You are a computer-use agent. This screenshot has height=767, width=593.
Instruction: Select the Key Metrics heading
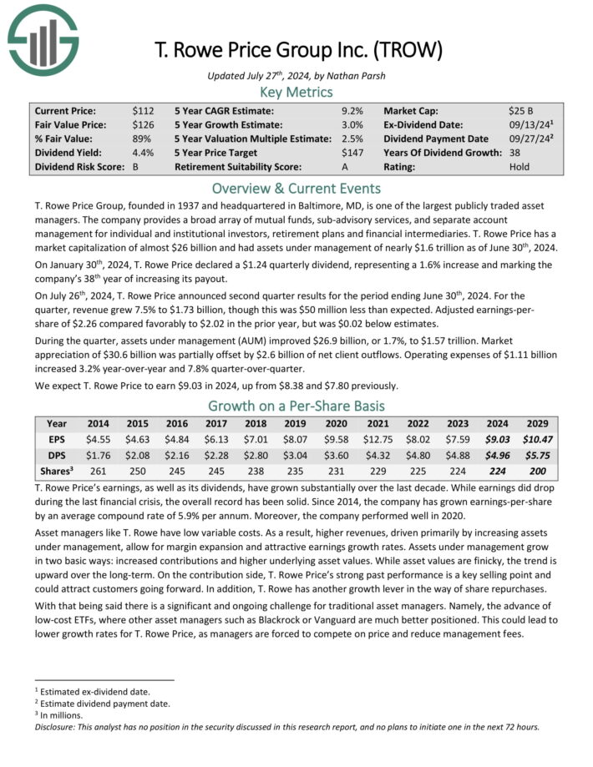[296, 92]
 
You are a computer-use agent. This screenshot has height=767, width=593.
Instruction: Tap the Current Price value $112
[143, 110]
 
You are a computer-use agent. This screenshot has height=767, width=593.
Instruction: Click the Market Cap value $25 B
[522, 110]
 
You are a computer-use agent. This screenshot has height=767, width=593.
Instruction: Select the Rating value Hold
[520, 167]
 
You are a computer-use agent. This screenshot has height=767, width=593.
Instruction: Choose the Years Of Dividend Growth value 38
[515, 153]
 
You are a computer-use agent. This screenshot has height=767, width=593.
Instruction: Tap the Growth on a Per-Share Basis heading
[296, 406]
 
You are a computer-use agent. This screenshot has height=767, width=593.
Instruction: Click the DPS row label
[56, 456]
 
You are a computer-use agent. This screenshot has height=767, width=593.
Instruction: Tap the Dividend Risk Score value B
[135, 167]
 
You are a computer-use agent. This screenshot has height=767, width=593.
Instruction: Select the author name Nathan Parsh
[343, 76]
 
